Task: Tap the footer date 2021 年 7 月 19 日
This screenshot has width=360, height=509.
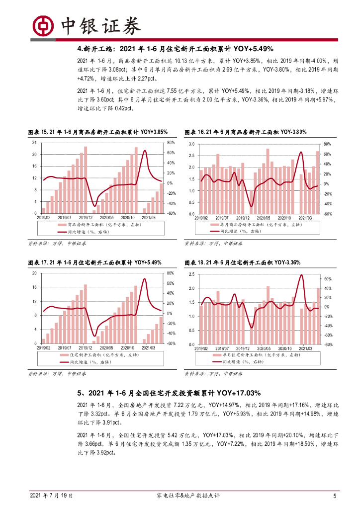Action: click(x=52, y=496)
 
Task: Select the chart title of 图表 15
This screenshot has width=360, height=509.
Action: click(x=97, y=132)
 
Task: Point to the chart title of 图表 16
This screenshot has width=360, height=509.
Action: click(x=246, y=132)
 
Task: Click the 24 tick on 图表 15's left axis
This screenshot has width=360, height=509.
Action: click(x=34, y=143)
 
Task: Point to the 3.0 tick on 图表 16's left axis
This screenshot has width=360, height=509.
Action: click(x=191, y=144)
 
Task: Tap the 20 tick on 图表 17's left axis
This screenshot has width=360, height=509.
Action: click(x=34, y=273)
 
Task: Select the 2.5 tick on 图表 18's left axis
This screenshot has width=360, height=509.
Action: click(x=191, y=274)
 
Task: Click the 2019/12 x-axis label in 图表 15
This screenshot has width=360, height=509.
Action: click(x=87, y=217)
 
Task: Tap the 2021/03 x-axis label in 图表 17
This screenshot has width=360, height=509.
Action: click(x=150, y=347)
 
